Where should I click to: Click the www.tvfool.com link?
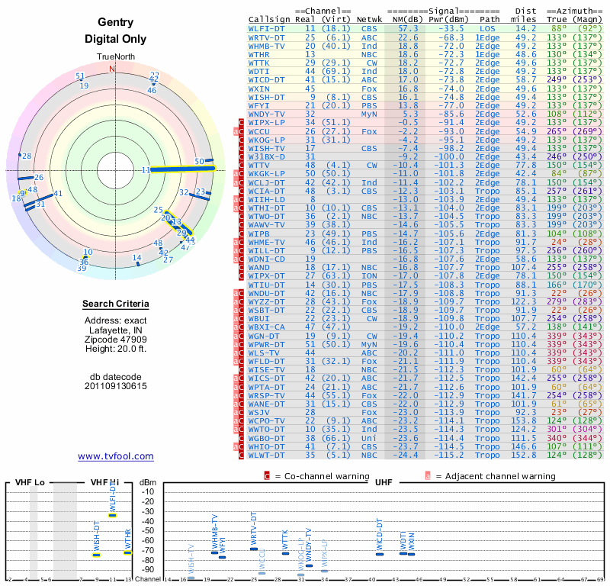(x=116, y=456)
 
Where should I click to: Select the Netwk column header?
(x=369, y=19)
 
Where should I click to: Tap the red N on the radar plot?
(x=113, y=69)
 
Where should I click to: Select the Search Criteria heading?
(x=116, y=304)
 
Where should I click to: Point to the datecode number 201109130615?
(x=116, y=386)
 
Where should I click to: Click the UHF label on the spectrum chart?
(x=384, y=483)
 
